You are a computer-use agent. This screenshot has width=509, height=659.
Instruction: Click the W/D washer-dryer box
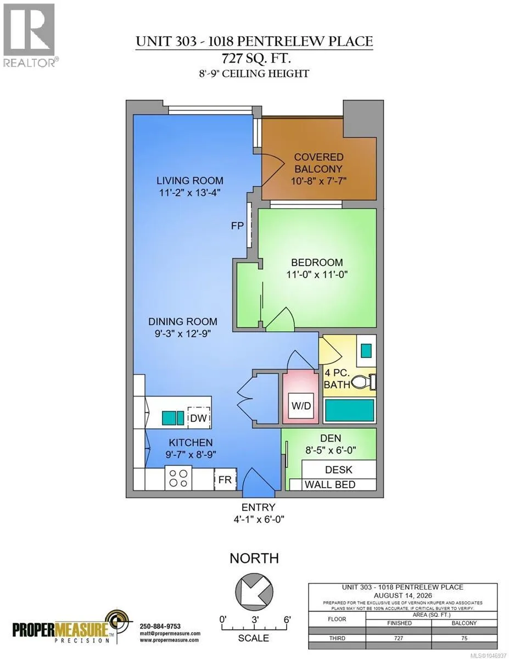point(301,405)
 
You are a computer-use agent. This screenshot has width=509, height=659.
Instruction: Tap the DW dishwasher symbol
point(199,418)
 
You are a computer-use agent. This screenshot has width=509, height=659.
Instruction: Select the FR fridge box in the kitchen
point(225,479)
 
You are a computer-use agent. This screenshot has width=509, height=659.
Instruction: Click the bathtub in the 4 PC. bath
point(350,410)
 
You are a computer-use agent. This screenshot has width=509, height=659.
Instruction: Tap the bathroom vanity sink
point(367,350)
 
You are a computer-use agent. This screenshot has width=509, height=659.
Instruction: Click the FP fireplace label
point(237,226)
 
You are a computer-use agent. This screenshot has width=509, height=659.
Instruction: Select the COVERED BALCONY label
point(318,163)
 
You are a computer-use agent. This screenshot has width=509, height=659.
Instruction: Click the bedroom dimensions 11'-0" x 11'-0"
point(317,275)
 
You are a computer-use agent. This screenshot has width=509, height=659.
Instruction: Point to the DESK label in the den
point(338,470)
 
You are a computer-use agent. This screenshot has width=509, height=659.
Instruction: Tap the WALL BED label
point(330,484)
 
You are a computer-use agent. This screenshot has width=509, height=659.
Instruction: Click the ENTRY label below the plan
point(258,507)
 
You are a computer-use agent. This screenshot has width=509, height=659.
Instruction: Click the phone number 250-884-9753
point(160,626)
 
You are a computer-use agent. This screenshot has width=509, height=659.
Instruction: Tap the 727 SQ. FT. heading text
point(256,58)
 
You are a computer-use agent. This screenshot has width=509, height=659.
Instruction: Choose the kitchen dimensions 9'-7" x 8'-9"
point(191,455)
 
